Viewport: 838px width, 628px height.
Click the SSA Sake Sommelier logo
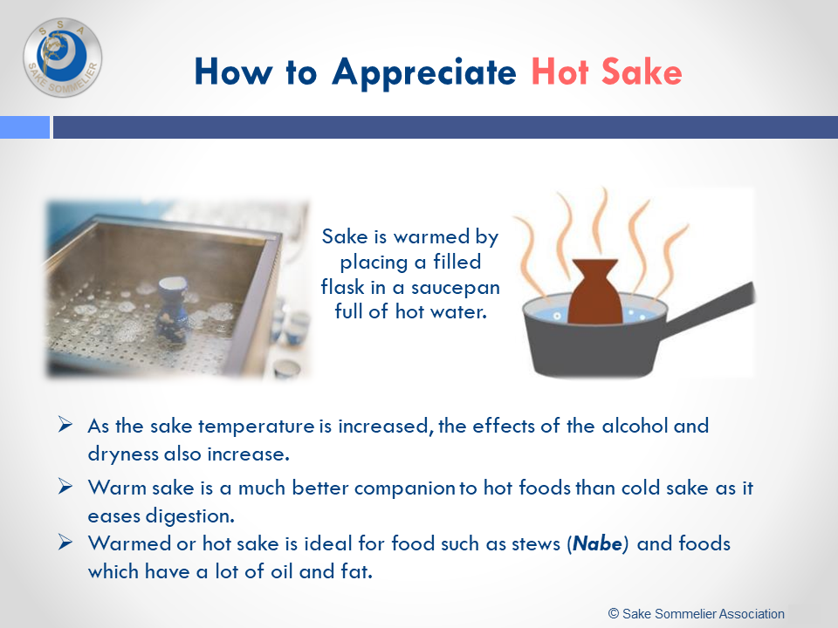pyautogui.click(x=63, y=58)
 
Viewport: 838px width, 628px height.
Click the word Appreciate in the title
pyautogui.click(x=424, y=73)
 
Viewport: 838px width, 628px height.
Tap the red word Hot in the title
pyautogui.click(x=560, y=72)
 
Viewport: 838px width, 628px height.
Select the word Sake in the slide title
pyautogui.click(x=642, y=72)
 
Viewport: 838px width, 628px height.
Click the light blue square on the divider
pyautogui.click(x=24, y=127)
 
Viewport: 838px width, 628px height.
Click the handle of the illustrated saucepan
pyautogui.click(x=709, y=311)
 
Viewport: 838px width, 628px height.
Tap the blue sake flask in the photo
pyautogui.click(x=172, y=311)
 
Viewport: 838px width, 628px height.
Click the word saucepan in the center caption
pyautogui.click(x=456, y=288)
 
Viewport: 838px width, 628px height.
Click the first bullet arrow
pyautogui.click(x=65, y=425)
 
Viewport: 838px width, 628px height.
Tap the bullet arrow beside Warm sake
pyautogui.click(x=65, y=487)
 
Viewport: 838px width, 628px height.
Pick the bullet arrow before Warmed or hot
pyautogui.click(x=65, y=542)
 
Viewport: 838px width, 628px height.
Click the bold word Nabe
pyautogui.click(x=597, y=543)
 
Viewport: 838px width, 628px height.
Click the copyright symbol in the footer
pyautogui.click(x=614, y=613)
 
